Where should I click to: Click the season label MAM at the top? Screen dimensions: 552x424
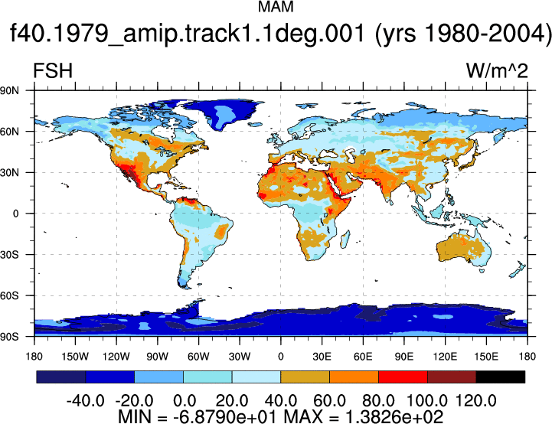[x=276, y=7]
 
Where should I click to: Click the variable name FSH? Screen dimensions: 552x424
[x=53, y=70]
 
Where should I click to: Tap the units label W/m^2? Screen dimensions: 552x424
[x=497, y=70]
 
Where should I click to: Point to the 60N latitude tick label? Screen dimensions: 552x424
[x=9, y=132]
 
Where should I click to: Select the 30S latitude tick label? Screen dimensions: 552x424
[x=9, y=255]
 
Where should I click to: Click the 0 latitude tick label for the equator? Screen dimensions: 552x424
[x=15, y=214]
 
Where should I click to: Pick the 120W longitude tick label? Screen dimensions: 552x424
[x=116, y=357]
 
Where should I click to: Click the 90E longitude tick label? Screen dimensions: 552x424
[x=403, y=357]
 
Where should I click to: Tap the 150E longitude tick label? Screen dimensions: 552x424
[x=486, y=357]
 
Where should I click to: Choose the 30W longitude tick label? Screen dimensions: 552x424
[x=240, y=357]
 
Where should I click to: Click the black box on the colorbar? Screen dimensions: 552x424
[x=500, y=377]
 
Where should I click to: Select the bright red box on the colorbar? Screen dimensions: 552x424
[x=403, y=377]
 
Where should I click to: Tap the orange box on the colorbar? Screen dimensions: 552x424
[x=354, y=377]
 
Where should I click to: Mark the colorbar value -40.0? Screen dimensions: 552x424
[x=85, y=400]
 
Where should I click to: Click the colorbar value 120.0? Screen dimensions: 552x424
[x=476, y=400]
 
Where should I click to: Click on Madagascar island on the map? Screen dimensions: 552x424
[x=346, y=240]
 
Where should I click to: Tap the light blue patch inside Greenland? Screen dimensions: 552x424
[x=224, y=113]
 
